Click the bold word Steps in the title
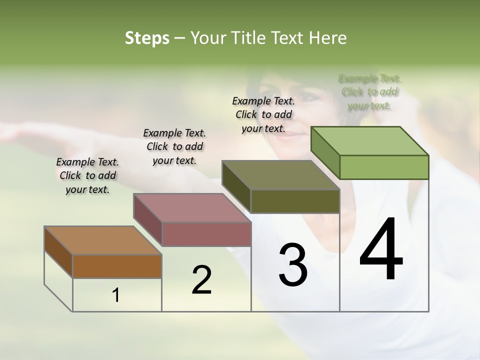(x=147, y=38)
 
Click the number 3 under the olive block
(x=292, y=265)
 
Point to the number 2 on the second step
(x=201, y=280)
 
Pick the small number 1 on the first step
(x=116, y=295)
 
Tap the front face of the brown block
(x=117, y=266)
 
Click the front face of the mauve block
(x=206, y=234)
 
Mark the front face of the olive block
(x=295, y=201)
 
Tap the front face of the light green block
(x=384, y=167)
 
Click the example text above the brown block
(x=87, y=175)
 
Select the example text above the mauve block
(x=174, y=146)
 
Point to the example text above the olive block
(x=263, y=114)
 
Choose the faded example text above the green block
(x=369, y=92)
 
